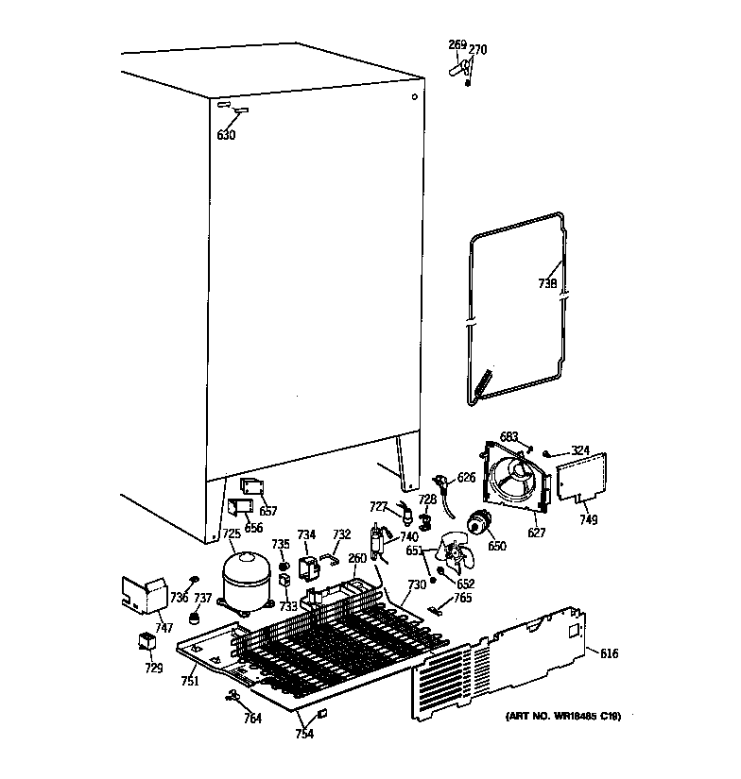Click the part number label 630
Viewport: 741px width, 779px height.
226,135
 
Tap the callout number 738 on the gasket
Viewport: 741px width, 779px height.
547,282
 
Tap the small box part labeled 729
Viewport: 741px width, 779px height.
147,642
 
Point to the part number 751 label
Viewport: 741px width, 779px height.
190,682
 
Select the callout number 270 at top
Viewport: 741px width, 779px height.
478,50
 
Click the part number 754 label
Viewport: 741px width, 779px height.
305,735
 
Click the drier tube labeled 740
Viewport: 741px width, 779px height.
380,542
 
